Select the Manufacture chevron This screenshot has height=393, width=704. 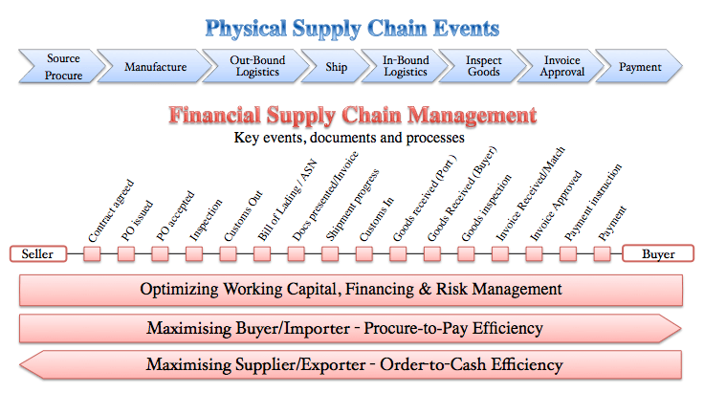coord(154,67)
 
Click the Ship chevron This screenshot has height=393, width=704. coord(335,67)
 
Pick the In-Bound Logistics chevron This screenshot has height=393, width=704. coord(406,67)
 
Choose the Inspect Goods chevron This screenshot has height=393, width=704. coord(483,67)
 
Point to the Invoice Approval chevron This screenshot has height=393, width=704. coord(561,67)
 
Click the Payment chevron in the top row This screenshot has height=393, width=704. coord(641,67)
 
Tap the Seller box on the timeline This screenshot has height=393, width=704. coord(38,254)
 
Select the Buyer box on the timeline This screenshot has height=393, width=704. coord(657,254)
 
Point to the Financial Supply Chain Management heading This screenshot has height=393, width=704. coord(352,117)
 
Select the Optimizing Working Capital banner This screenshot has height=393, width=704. coord(351,289)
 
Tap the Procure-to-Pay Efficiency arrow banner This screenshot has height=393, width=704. coord(351,328)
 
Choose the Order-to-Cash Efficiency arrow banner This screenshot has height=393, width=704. coord(351,364)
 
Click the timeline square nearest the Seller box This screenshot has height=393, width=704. coord(93,254)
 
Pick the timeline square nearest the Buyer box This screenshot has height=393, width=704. coord(602,254)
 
